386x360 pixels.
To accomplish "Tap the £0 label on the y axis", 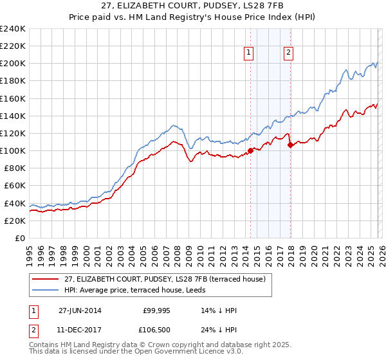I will pyautogui.click(x=21, y=238).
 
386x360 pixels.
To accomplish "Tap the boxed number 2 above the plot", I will pyautogui.click(x=289, y=53).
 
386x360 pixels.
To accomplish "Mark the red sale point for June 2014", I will pyautogui.click(x=250, y=151).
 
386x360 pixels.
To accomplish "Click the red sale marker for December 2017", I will pyautogui.click(x=290, y=145).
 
